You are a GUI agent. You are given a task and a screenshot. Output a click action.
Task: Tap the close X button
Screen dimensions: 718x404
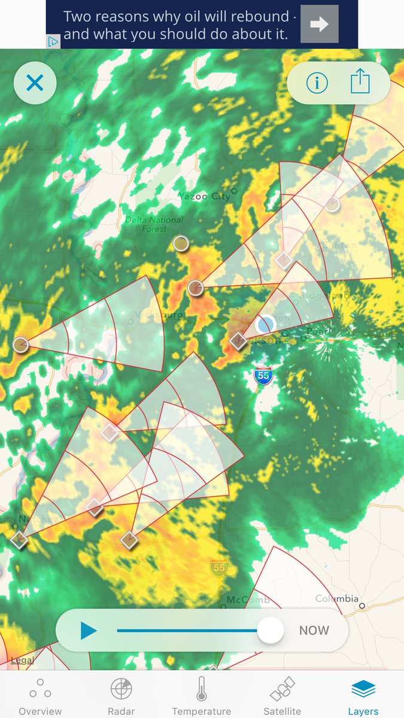pyautogui.click(x=35, y=83)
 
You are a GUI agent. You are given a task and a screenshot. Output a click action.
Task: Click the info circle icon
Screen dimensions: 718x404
pyautogui.click(x=317, y=83)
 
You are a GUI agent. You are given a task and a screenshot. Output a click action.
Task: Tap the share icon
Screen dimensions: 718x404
pyautogui.click(x=360, y=81)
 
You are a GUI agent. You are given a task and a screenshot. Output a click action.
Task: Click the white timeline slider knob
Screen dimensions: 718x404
pyautogui.click(x=271, y=630)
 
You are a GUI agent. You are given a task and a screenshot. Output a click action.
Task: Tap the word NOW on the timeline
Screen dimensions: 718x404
pyautogui.click(x=314, y=631)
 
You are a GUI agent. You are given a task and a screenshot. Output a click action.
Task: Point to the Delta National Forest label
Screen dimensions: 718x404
pyautogui.click(x=154, y=224)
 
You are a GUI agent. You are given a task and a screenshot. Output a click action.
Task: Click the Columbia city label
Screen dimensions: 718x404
pyautogui.click(x=338, y=599)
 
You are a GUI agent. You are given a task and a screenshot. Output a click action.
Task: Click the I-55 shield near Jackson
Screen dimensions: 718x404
pyautogui.click(x=262, y=375)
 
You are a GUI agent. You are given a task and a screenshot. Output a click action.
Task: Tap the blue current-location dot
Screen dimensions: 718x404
pyautogui.click(x=265, y=325)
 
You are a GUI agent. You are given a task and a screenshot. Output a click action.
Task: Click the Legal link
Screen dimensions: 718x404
pyautogui.click(x=22, y=661)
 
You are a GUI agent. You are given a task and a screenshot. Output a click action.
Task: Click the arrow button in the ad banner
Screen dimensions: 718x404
pyautogui.click(x=320, y=24)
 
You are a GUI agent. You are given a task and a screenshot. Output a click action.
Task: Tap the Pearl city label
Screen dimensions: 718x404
pyautogui.click(x=315, y=331)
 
